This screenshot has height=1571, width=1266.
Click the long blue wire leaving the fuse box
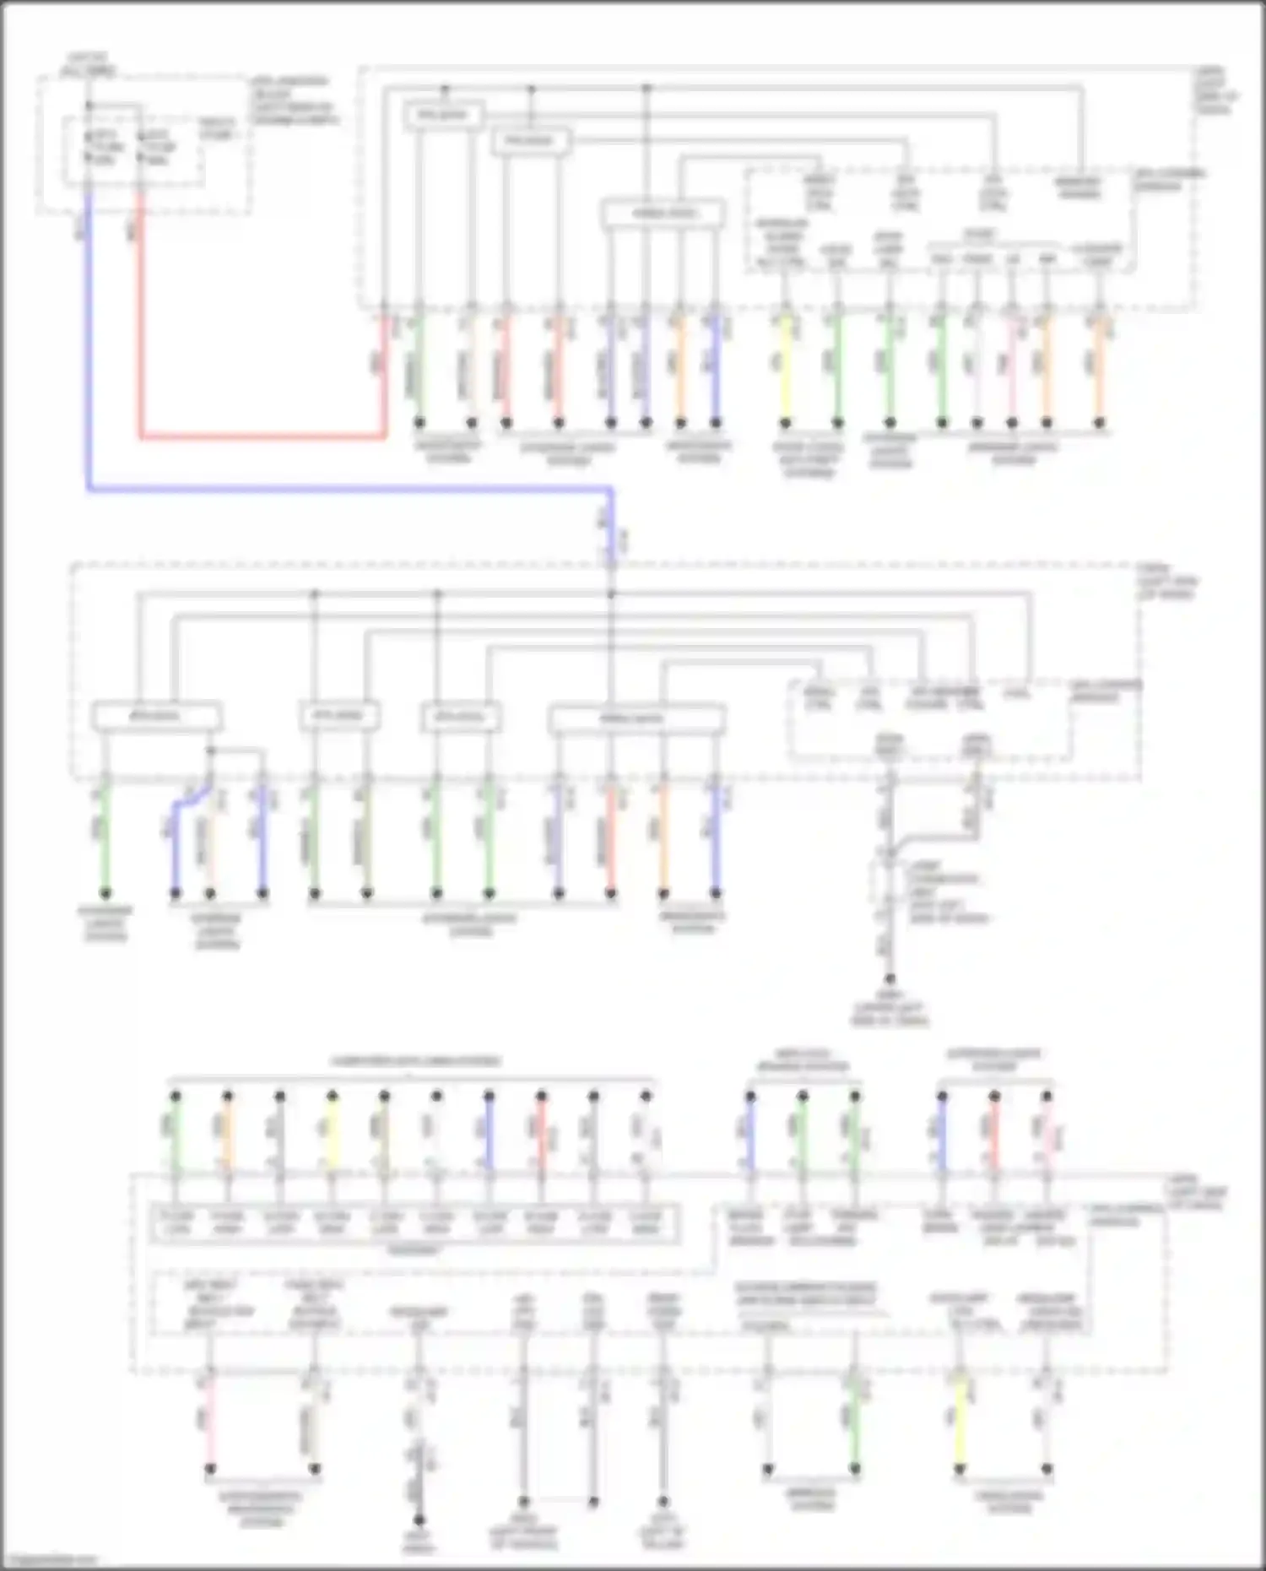(x=338, y=488)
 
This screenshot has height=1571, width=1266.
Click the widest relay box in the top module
(x=663, y=214)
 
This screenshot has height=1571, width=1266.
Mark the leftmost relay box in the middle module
(x=157, y=717)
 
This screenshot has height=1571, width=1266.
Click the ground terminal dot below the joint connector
(x=890, y=979)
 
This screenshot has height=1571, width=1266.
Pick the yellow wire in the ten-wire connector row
(x=333, y=1135)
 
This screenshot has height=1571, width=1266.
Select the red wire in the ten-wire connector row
(x=541, y=1135)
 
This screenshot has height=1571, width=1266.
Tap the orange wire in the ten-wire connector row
(x=227, y=1135)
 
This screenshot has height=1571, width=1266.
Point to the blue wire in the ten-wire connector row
(x=489, y=1135)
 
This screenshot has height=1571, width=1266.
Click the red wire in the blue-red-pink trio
(x=994, y=1135)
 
